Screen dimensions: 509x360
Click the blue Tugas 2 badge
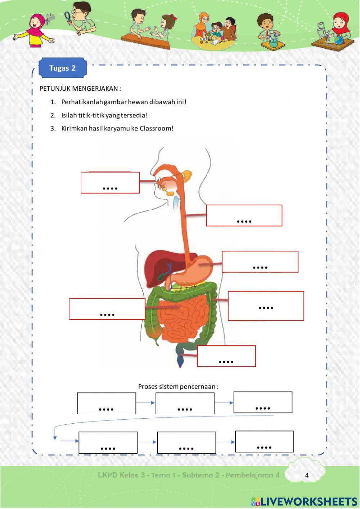62,68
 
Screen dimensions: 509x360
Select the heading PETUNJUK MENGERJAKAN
80,89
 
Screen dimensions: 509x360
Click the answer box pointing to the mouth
110,183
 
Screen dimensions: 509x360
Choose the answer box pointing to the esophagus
244,215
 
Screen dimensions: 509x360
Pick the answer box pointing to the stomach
260,262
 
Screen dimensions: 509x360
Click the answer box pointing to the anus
226,356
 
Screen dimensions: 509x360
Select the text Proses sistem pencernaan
178,387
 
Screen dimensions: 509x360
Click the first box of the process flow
107,403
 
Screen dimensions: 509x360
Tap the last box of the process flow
265,441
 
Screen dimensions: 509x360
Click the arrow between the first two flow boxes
145,403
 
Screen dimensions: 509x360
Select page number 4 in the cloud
307,475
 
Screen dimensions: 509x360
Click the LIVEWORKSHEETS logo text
308,501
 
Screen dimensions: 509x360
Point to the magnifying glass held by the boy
67,15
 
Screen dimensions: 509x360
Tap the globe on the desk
339,41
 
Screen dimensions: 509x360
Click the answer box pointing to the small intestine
107,309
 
